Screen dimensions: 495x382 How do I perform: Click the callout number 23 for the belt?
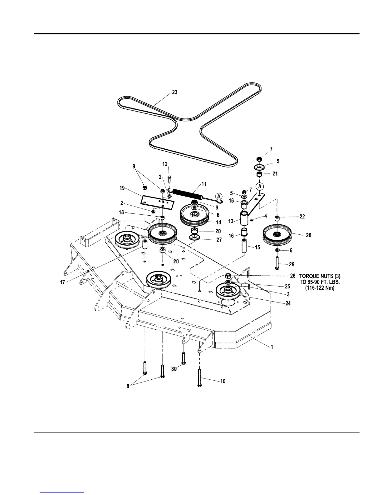click(175, 92)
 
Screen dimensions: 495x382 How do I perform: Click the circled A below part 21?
click(260, 186)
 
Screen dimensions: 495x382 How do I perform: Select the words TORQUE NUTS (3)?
click(318, 276)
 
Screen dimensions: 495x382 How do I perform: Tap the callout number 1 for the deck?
click(272, 347)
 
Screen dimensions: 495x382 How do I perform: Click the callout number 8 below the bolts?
click(128, 386)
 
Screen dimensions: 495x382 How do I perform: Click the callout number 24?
click(288, 303)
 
